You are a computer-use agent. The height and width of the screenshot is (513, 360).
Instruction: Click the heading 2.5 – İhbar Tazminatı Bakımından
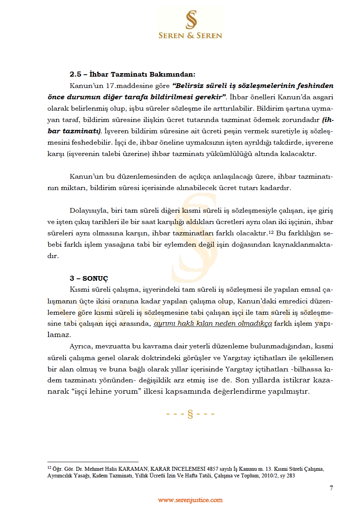132,74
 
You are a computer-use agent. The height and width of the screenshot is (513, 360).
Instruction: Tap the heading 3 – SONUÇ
89,278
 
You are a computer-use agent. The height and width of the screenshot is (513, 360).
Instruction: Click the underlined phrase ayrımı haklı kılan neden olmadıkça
213,324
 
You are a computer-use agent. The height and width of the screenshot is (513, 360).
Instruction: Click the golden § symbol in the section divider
191,414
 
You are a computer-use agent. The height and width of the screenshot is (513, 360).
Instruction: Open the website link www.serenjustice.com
190,500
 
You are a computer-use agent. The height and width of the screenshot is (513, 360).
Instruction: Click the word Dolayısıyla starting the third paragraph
88,210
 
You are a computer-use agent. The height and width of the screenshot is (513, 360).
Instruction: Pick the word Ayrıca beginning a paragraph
81,346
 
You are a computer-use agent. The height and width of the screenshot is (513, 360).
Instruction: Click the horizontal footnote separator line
93,461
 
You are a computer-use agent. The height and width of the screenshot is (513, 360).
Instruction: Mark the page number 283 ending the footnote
290,476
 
